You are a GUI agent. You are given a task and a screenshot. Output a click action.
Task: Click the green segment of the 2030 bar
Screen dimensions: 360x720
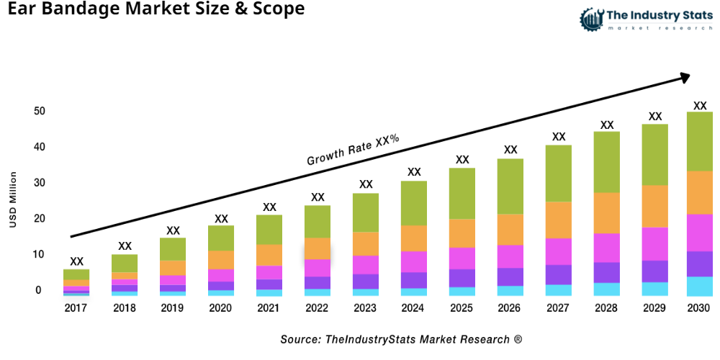(x=700, y=141)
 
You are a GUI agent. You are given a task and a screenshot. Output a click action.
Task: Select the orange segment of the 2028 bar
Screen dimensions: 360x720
(x=606, y=213)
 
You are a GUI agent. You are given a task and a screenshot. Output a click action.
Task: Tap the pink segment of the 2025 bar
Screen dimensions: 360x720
(x=462, y=258)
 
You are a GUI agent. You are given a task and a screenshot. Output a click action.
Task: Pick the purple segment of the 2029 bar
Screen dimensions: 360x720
(x=654, y=271)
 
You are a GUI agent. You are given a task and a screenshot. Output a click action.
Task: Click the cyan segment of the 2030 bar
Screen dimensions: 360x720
(x=700, y=287)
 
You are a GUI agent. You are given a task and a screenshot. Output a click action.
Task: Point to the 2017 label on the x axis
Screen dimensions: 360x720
(x=76, y=308)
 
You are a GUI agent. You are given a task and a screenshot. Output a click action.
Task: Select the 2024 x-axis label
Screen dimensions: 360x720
(x=414, y=308)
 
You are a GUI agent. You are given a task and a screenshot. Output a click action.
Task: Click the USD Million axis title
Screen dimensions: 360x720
(x=13, y=199)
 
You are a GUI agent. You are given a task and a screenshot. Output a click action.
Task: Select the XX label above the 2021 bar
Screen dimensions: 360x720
(x=269, y=207)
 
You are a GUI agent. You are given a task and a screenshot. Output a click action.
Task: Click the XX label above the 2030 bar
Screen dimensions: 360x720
(x=700, y=105)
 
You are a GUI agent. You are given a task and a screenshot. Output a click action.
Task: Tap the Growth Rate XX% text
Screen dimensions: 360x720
(x=353, y=150)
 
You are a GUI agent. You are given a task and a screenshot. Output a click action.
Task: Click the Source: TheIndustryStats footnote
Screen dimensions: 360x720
(x=401, y=339)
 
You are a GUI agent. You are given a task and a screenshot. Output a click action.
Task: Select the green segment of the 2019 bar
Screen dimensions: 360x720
(x=173, y=249)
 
